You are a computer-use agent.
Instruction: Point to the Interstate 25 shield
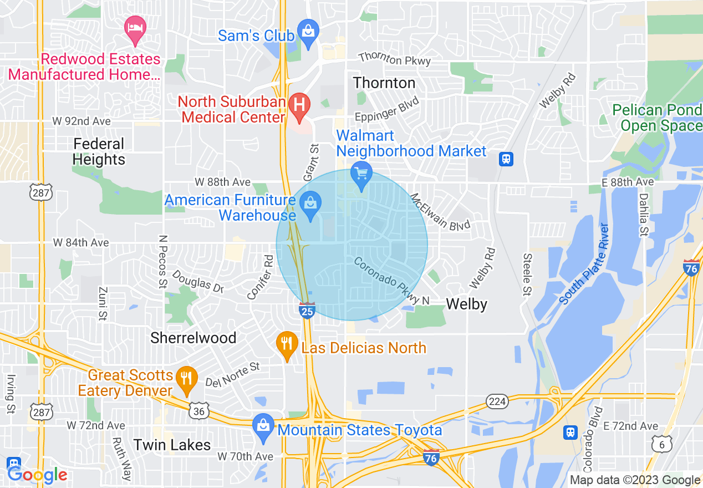308,311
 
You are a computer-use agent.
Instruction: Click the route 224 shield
497,401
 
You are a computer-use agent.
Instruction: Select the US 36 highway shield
200,411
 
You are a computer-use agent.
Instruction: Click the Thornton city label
384,83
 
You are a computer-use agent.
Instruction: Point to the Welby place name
466,304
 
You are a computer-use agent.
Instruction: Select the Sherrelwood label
193,338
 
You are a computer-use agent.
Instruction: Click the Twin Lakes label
172,445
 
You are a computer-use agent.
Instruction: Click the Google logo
37,475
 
